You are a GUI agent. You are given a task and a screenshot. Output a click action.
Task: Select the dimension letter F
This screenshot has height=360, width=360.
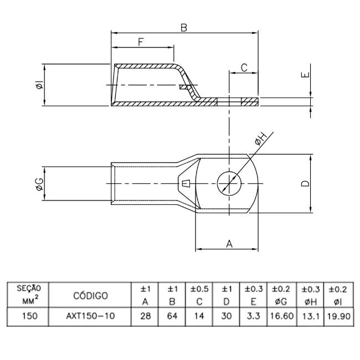[141, 41]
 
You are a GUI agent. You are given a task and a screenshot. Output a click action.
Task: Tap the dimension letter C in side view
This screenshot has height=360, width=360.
[244, 68]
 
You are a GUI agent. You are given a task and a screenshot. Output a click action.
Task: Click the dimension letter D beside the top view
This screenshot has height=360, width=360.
[305, 183]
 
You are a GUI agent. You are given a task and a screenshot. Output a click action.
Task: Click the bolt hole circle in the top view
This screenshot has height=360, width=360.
[227, 183]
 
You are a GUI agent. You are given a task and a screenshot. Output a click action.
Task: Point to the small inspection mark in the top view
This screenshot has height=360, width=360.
[186, 183]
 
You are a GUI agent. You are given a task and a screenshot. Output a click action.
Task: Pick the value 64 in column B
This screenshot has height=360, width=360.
[172, 318]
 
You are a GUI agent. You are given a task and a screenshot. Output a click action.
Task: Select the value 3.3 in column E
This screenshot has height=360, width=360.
[253, 318]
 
